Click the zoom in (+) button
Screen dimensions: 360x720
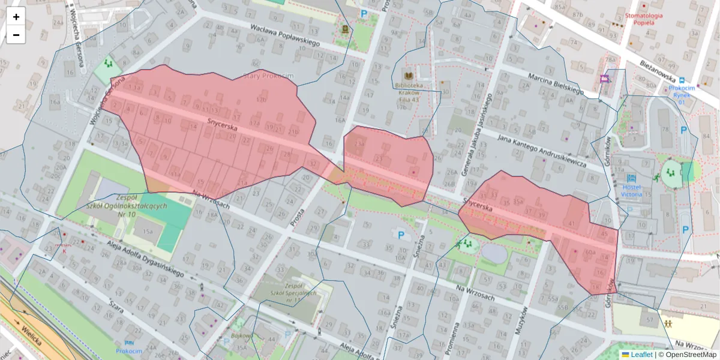(16, 17)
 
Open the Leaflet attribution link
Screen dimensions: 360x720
(641, 355)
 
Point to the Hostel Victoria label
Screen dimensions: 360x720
(631, 191)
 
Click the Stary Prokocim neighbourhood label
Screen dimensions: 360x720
(268, 76)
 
